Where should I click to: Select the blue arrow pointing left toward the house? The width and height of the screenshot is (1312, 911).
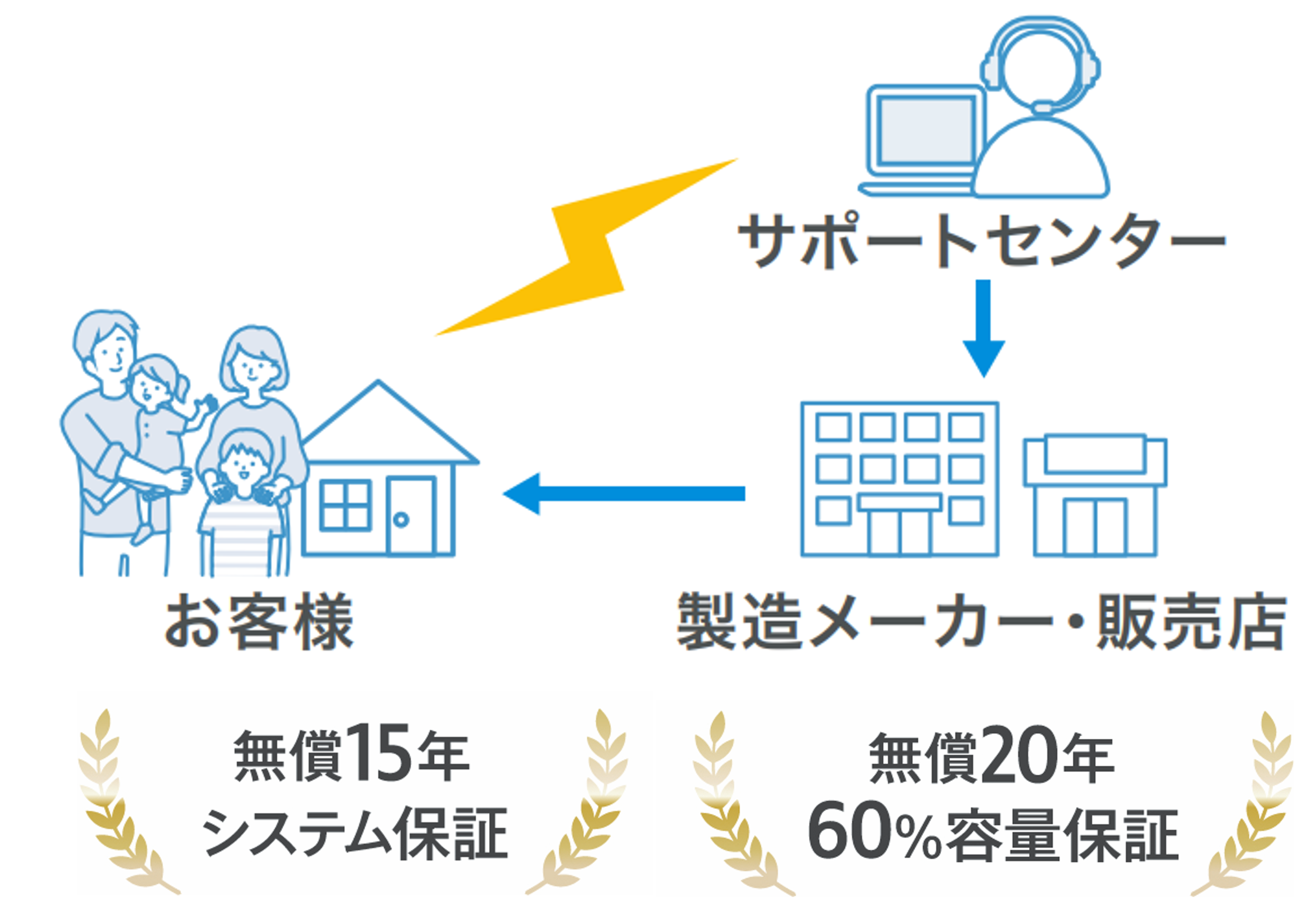click(622, 493)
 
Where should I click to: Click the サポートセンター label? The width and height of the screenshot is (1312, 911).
click(982, 240)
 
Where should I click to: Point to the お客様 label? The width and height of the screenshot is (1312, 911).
click(260, 622)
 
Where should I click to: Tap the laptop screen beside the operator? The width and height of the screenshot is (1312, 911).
click(926, 130)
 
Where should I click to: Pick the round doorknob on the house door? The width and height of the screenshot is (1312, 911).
click(401, 519)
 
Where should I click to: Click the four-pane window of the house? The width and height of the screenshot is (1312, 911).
click(346, 505)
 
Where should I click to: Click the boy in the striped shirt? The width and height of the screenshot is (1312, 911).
click(242, 502)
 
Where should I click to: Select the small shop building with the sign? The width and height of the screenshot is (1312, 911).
click(1095, 495)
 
